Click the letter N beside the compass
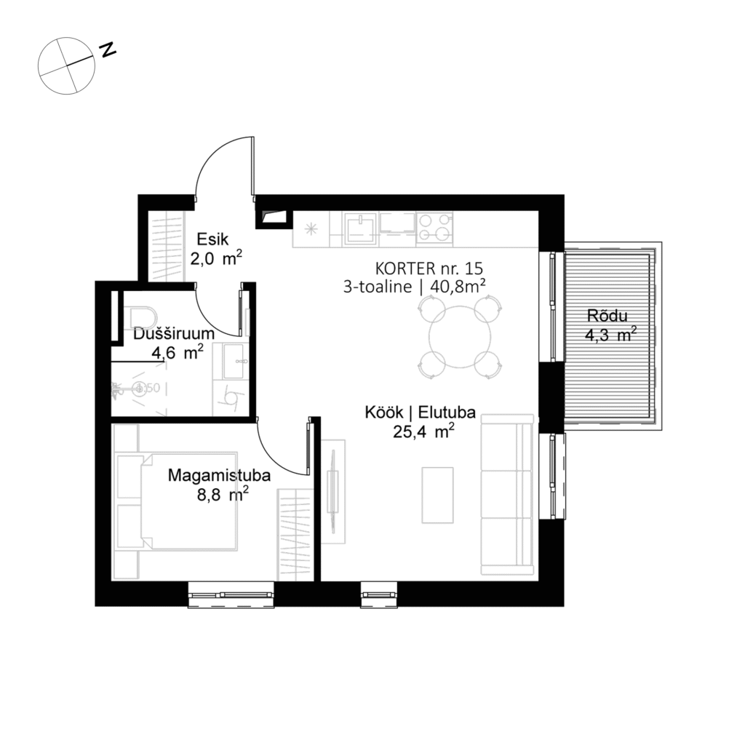click(108, 49)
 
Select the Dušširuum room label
click(173, 334)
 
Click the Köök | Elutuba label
click(420, 413)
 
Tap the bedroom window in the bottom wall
click(231, 594)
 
